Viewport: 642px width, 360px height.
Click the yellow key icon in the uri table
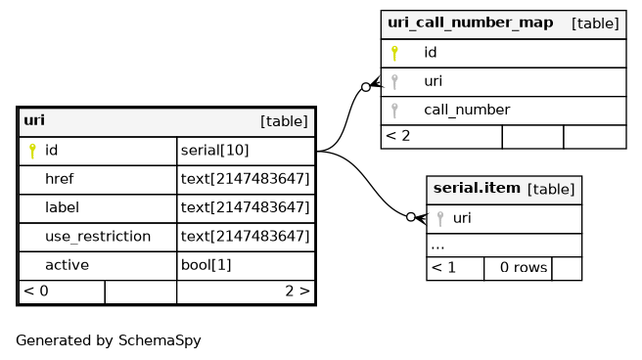click(x=32, y=151)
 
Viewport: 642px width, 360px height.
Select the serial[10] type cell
click(x=215, y=151)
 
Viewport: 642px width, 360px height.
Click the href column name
click(x=60, y=179)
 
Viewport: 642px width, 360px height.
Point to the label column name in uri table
click(x=62, y=207)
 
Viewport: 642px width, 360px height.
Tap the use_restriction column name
click(x=98, y=237)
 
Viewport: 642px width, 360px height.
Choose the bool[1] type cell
click(x=206, y=265)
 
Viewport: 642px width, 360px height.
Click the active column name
click(x=67, y=265)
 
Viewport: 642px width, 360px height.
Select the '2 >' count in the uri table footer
click(x=298, y=291)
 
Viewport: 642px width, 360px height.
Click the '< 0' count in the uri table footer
click(x=36, y=291)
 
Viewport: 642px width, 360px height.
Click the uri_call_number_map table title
click(x=471, y=22)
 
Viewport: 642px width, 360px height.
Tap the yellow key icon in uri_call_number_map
click(x=394, y=53)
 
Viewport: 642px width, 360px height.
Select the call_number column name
click(x=467, y=110)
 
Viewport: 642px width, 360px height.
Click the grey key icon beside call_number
click(x=394, y=111)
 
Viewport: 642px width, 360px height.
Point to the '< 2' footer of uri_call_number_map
click(x=397, y=136)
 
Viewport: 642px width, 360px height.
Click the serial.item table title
click(x=477, y=188)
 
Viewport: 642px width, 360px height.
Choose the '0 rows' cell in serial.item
click(x=524, y=267)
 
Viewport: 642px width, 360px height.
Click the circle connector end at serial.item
click(x=411, y=217)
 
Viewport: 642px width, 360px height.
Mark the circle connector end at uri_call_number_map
click(x=366, y=87)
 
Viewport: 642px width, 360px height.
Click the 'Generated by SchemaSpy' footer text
click(x=109, y=340)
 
